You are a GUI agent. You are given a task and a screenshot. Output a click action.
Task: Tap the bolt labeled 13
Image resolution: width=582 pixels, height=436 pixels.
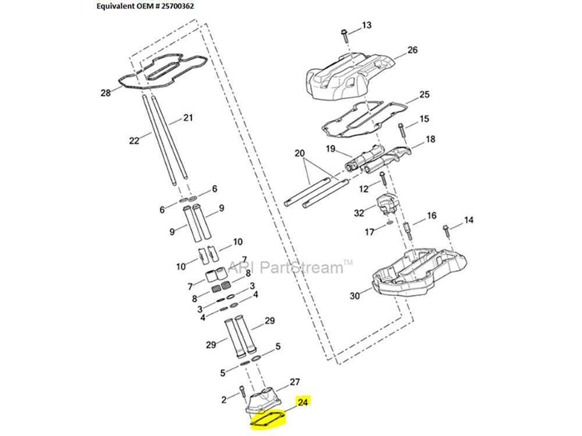coord(344,35)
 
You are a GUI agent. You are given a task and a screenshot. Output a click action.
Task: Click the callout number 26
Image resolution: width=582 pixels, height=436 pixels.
coord(412,50)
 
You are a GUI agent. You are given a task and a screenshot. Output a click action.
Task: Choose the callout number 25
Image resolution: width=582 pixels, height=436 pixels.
coord(424,94)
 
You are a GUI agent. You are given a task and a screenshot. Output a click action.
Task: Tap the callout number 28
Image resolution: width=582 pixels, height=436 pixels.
coord(105,93)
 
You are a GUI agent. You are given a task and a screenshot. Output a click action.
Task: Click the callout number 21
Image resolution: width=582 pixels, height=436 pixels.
coord(187,118)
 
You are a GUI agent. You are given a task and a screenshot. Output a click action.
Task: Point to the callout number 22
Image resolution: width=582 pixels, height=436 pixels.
coord(134,140)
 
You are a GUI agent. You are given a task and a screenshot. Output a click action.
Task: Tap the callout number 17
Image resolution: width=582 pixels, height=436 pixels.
coord(370,232)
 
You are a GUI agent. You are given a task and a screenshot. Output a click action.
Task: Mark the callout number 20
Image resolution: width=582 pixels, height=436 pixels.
coord(300,153)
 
